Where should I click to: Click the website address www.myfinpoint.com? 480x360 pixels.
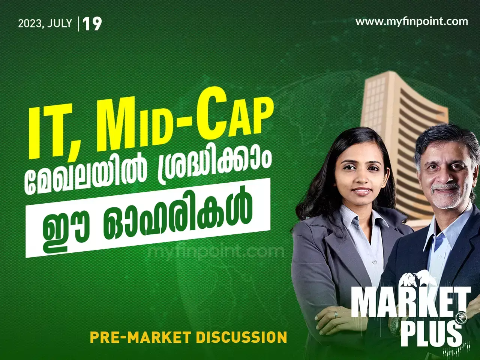411,21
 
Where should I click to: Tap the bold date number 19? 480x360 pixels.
92,24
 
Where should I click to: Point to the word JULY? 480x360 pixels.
60,23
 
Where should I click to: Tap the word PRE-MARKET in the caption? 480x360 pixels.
141,337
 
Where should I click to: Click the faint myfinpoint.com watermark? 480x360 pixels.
216,250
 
